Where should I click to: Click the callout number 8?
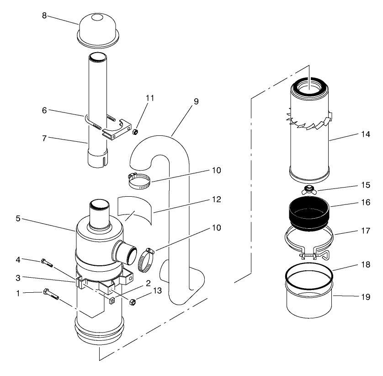coord(44,15)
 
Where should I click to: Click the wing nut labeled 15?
coord(309,189)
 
